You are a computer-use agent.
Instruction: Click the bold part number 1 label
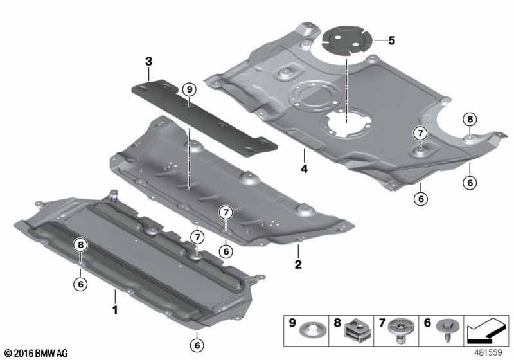pyautogui.click(x=115, y=309)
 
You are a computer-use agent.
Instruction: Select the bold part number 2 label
pyautogui.click(x=298, y=264)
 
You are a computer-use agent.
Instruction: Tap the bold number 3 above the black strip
pyautogui.click(x=149, y=61)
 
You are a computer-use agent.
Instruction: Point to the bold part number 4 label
pyautogui.click(x=304, y=169)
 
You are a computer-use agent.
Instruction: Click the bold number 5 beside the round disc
pyautogui.click(x=391, y=40)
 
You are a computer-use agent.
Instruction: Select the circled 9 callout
pyautogui.click(x=189, y=89)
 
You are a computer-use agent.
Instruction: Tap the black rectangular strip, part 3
pyautogui.click(x=204, y=118)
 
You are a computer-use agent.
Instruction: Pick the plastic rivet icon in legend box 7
pyautogui.click(x=400, y=330)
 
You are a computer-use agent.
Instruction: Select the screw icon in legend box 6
pyautogui.click(x=448, y=330)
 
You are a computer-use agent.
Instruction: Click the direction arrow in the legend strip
pyautogui.click(x=486, y=330)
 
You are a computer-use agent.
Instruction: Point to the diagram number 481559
pyautogui.click(x=488, y=352)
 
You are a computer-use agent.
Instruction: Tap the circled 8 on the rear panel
pyautogui.click(x=470, y=120)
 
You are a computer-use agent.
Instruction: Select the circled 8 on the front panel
pyautogui.click(x=81, y=244)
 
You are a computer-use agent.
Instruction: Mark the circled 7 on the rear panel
pyautogui.click(x=421, y=134)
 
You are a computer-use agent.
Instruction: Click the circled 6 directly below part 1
pyautogui.click(x=197, y=345)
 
